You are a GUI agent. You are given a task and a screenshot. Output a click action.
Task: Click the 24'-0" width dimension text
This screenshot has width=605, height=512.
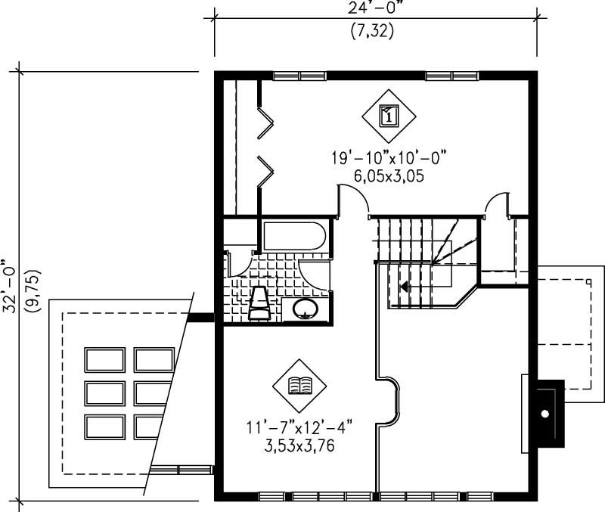pos(375,11)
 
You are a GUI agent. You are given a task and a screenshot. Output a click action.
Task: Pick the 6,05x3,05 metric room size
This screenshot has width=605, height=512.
pos(388,176)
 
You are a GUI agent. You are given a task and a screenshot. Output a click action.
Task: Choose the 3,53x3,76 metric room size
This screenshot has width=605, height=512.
pos(300,446)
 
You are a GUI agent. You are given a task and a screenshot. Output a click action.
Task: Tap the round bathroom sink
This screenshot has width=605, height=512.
pos(306,309)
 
